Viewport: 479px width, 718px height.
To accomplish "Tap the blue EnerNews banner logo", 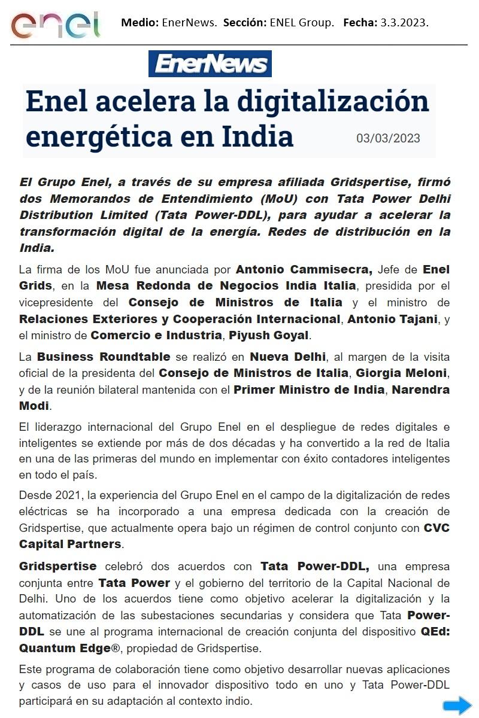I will pos(210,64).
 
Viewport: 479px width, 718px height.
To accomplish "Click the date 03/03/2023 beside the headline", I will pos(388,138).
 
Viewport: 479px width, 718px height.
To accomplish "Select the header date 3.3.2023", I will pos(404,23).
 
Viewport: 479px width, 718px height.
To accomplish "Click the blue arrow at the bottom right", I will pos(457,705).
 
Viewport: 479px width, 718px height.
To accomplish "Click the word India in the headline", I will pos(257,136).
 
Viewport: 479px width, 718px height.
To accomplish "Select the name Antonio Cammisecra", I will pos(304,269).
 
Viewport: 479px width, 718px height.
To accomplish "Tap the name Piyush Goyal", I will pos(278,334).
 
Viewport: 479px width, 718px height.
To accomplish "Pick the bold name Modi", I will pos(34,406).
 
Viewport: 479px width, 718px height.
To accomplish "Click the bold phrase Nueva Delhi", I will pos(287,357).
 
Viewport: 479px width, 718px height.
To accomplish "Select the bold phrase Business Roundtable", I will pos(104,357).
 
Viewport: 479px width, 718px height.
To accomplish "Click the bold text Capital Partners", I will pos(70,544).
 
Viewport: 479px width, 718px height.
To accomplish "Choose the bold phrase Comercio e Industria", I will pos(156,334).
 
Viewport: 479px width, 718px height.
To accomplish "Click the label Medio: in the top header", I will pos(140,23).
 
